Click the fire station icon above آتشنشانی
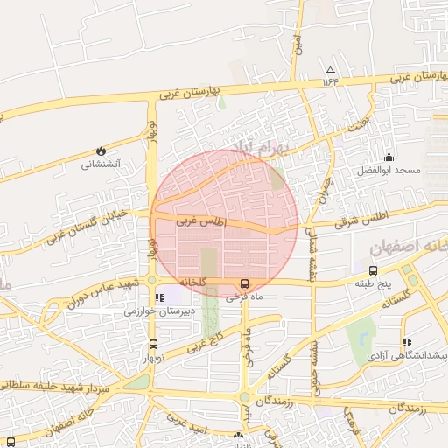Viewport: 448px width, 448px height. (101, 150)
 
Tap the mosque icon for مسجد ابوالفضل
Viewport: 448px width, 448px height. (388, 157)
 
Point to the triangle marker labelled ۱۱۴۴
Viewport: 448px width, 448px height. (330, 70)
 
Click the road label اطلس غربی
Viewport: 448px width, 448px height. (201, 222)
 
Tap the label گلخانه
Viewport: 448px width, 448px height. (192, 283)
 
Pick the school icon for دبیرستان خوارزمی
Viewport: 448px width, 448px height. (158, 298)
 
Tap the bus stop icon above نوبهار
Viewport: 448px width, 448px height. (154, 344)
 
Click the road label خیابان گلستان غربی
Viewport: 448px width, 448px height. (87, 224)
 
